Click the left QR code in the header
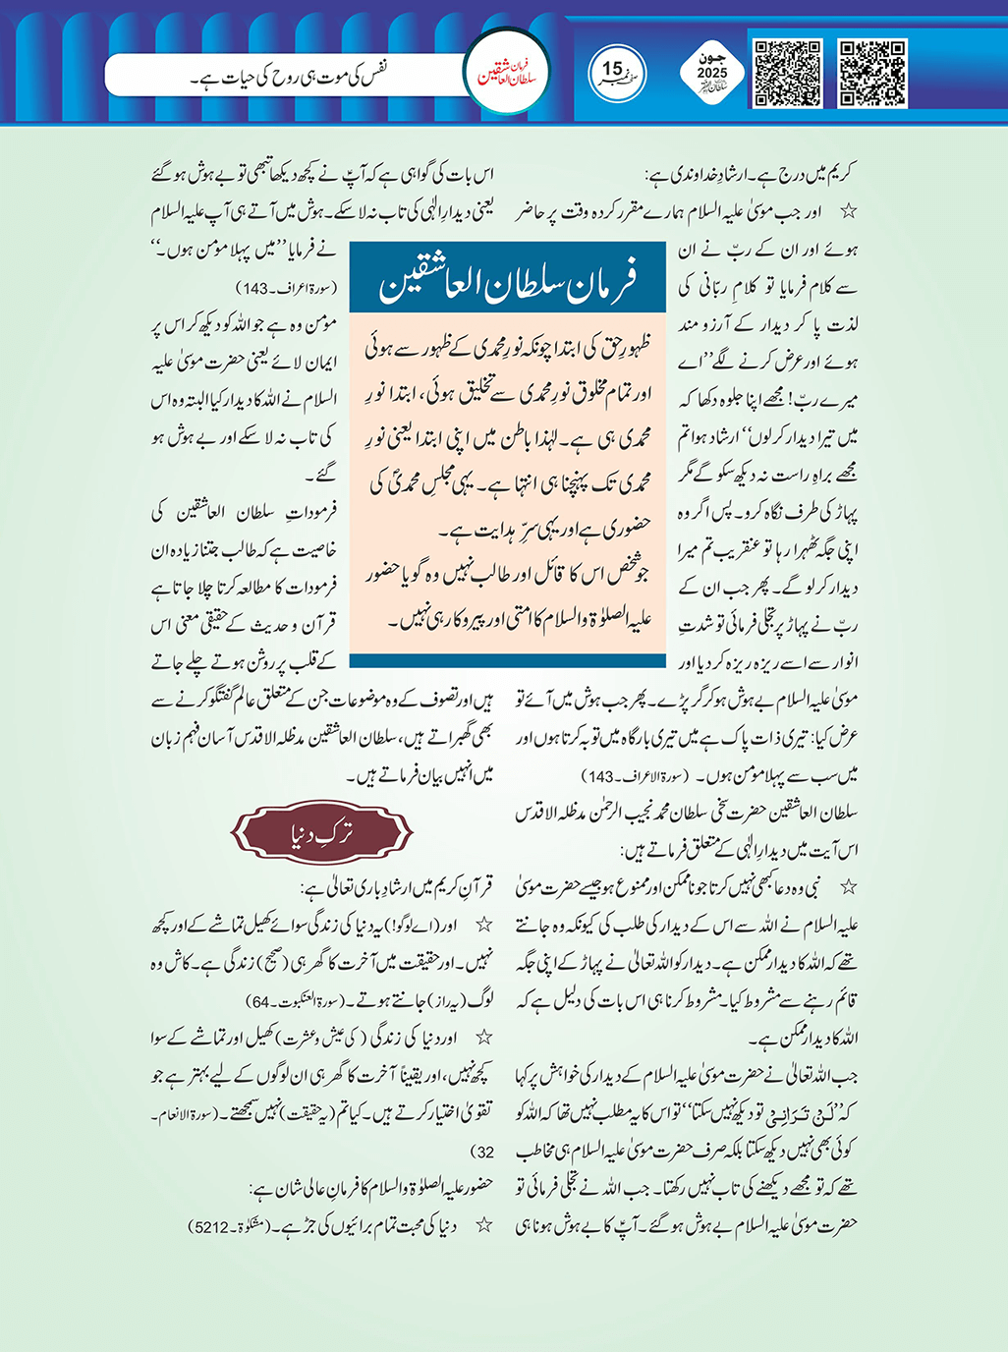pyautogui.click(x=788, y=73)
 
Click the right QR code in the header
pyautogui.click(x=872, y=73)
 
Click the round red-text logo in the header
pyautogui.click(x=507, y=74)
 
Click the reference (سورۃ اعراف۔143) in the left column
pyautogui.click(x=287, y=289)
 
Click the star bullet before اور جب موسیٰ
pyautogui.click(x=849, y=211)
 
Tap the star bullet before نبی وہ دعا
pyautogui.click(x=849, y=888)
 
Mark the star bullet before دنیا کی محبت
pyautogui.click(x=482, y=1226)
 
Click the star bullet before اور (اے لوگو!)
pyautogui.click(x=482, y=926)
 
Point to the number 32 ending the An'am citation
pyautogui.click(x=484, y=1152)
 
